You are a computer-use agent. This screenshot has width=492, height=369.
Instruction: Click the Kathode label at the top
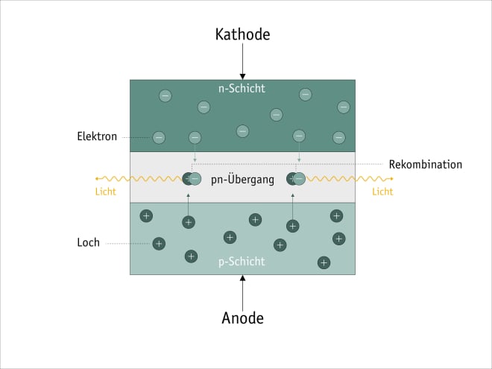(x=242, y=34)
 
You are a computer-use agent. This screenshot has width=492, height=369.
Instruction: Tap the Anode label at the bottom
(x=242, y=318)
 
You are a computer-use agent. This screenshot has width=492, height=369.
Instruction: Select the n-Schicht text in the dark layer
(x=242, y=89)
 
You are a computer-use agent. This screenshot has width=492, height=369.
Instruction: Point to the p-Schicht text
(x=242, y=262)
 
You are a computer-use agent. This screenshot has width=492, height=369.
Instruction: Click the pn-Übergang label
(x=243, y=179)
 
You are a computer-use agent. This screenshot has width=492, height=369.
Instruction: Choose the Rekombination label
(x=426, y=164)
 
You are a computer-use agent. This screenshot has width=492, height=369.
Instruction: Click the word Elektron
(x=97, y=137)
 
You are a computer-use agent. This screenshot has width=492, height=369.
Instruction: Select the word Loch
(x=88, y=243)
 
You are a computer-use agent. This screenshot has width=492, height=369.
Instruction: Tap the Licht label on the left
(x=106, y=192)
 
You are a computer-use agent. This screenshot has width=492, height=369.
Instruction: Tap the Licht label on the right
(x=382, y=192)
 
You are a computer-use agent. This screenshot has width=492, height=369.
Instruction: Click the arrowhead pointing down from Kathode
(x=242, y=75)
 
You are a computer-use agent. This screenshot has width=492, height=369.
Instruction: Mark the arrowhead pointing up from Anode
(x=242, y=279)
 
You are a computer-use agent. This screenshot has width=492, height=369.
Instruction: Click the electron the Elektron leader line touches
(x=159, y=137)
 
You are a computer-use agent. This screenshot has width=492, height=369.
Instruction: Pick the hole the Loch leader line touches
(x=159, y=243)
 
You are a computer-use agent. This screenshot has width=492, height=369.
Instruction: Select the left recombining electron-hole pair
(x=192, y=179)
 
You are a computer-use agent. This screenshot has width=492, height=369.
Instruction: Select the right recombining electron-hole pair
(x=297, y=179)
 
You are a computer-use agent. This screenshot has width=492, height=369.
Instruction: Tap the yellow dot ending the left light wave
(x=97, y=179)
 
